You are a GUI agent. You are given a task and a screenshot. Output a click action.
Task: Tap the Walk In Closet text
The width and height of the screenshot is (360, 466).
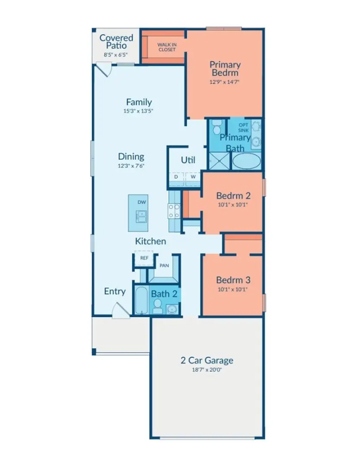(x=166, y=47)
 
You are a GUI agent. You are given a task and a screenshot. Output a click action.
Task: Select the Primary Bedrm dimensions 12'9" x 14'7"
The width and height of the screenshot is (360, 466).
(x=225, y=82)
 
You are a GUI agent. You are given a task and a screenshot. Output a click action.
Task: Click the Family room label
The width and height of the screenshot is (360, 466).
(x=139, y=102)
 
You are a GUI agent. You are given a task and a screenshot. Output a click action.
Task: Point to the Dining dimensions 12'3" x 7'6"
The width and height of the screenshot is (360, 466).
(x=131, y=165)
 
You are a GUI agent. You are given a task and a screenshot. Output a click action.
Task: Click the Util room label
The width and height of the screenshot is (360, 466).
(x=188, y=160)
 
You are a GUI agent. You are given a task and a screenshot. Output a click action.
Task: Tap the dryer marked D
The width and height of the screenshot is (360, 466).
(x=176, y=177)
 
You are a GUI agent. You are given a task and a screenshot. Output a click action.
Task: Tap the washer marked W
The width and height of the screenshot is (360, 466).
(x=193, y=177)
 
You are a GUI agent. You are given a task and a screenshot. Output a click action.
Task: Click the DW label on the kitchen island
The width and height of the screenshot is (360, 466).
(x=141, y=202)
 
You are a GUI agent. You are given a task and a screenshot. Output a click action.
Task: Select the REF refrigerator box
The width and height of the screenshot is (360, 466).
(x=144, y=258)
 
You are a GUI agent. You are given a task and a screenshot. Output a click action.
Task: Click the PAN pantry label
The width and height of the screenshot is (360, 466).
(x=164, y=266)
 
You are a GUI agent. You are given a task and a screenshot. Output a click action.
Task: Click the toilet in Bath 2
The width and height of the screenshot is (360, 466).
(x=157, y=307)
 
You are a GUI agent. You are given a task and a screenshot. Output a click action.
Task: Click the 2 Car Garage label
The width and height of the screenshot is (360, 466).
(x=207, y=360)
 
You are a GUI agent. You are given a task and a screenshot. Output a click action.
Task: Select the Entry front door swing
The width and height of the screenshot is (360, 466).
(x=119, y=310)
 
